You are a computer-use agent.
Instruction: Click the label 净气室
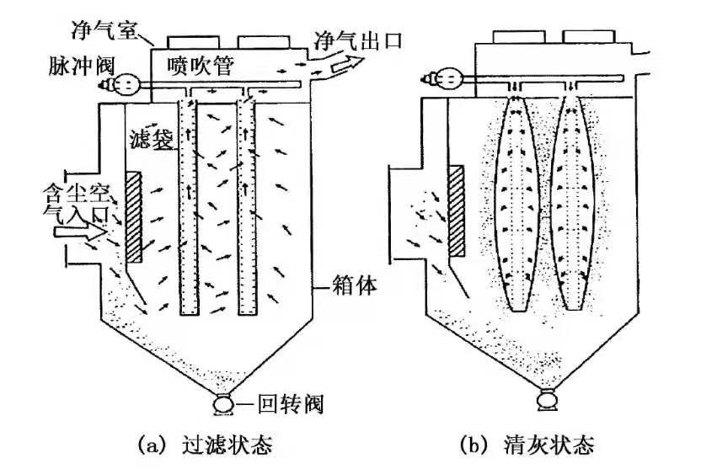pyautogui.click(x=104, y=30)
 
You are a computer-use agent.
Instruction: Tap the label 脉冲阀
pyautogui.click(x=82, y=66)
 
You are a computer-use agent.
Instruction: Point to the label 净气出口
pyautogui.click(x=358, y=40)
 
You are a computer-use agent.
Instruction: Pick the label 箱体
pyautogui.click(x=355, y=285)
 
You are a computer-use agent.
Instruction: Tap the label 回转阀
pyautogui.click(x=291, y=405)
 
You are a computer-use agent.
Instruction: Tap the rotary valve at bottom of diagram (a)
pyautogui.click(x=224, y=404)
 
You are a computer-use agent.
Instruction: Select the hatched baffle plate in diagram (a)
pyautogui.click(x=134, y=216)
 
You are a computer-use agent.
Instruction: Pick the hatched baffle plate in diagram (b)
pyautogui.click(x=456, y=211)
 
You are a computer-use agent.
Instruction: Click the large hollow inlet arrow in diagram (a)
pyautogui.click(x=81, y=232)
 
